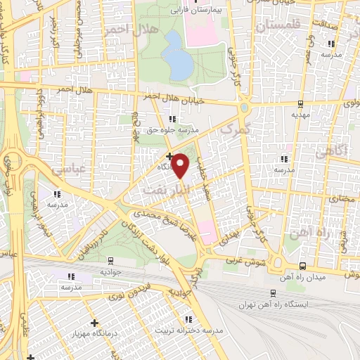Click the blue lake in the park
click(x=181, y=65)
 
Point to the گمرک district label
click(x=235, y=129)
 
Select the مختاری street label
click(x=339, y=200)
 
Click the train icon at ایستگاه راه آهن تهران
click(x=274, y=293)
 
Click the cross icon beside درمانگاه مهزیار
click(x=94, y=323)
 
